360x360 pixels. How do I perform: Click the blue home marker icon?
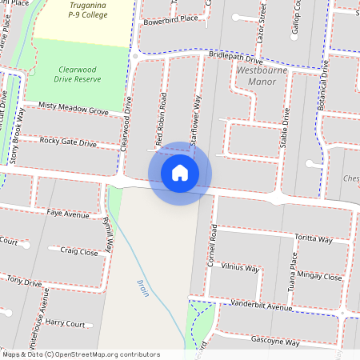click(x=180, y=173)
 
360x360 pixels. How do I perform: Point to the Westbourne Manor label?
click(x=263, y=76)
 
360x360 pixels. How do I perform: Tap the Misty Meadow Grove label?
click(x=73, y=109)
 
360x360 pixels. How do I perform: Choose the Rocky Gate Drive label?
click(x=68, y=142)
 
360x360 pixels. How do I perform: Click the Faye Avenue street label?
click(x=67, y=214)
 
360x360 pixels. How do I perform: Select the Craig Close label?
click(x=79, y=251)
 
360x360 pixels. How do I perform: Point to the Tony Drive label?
click(x=24, y=281)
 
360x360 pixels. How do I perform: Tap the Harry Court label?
click(x=65, y=323)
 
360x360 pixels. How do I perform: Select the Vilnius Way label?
click(x=241, y=268)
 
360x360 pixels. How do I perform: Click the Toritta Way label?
click(x=314, y=238)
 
